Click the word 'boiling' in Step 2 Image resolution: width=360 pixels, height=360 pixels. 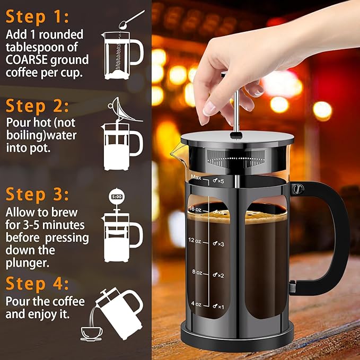click(x=23, y=135)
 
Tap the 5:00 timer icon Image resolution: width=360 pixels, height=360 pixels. click(x=116, y=197)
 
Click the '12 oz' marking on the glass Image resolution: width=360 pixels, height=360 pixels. click(x=194, y=240)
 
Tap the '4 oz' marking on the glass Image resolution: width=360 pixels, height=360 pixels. click(x=196, y=304)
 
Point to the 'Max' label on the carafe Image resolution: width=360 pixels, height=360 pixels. click(x=196, y=177)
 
